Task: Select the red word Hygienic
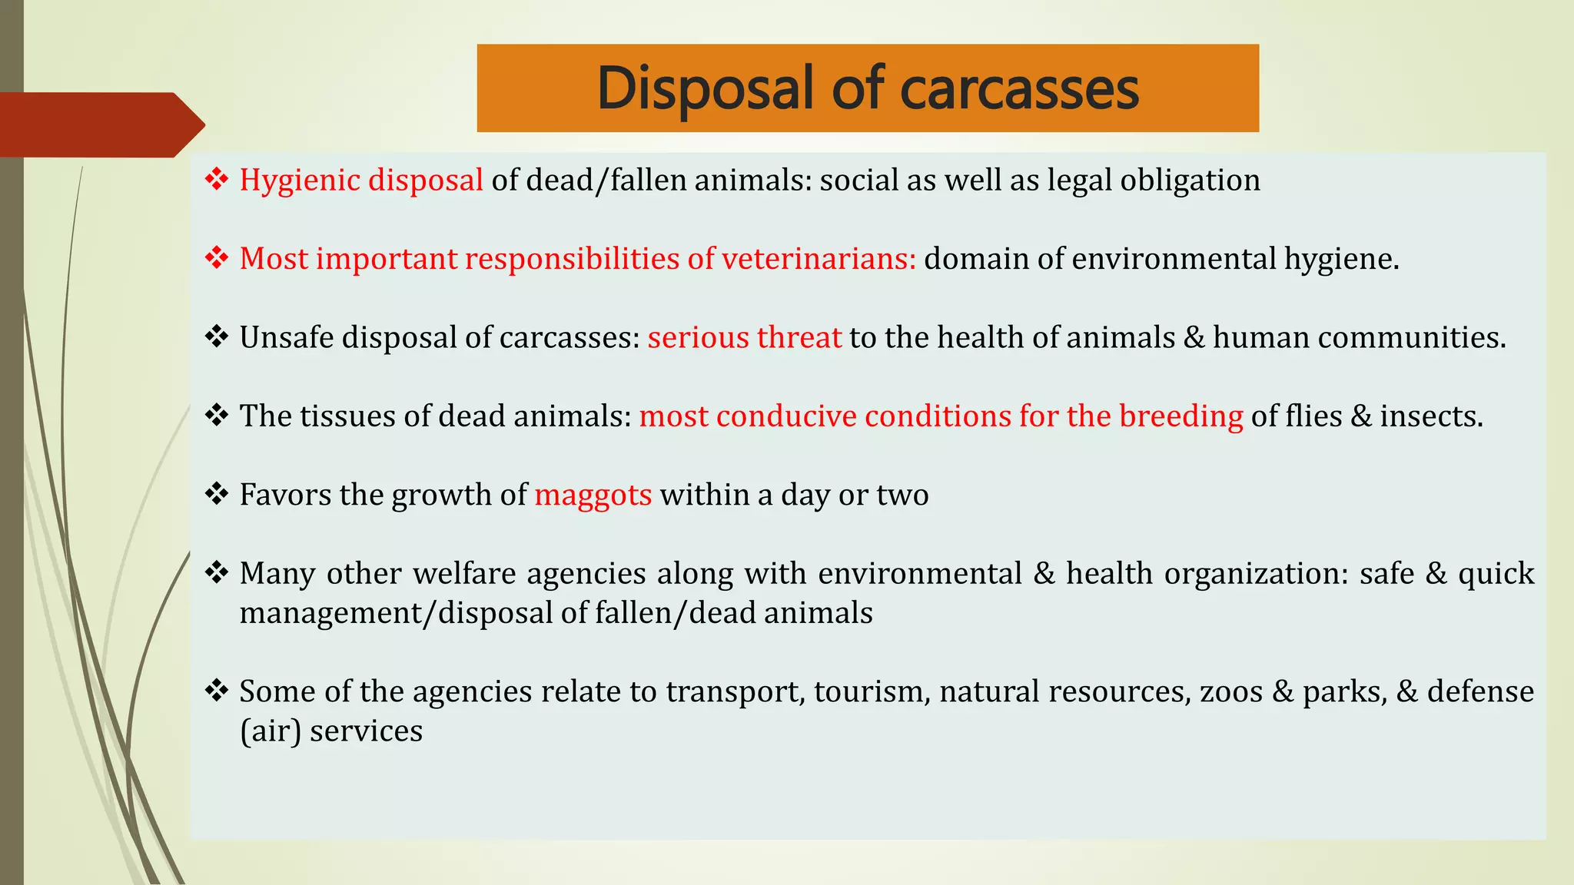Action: coord(300,181)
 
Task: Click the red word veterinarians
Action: coord(819,259)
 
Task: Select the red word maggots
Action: coord(593,496)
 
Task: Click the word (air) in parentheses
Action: coord(271,731)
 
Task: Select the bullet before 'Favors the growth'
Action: coord(217,493)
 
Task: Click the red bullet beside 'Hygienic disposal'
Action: coord(217,179)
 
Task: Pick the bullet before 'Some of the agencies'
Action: coord(217,690)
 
